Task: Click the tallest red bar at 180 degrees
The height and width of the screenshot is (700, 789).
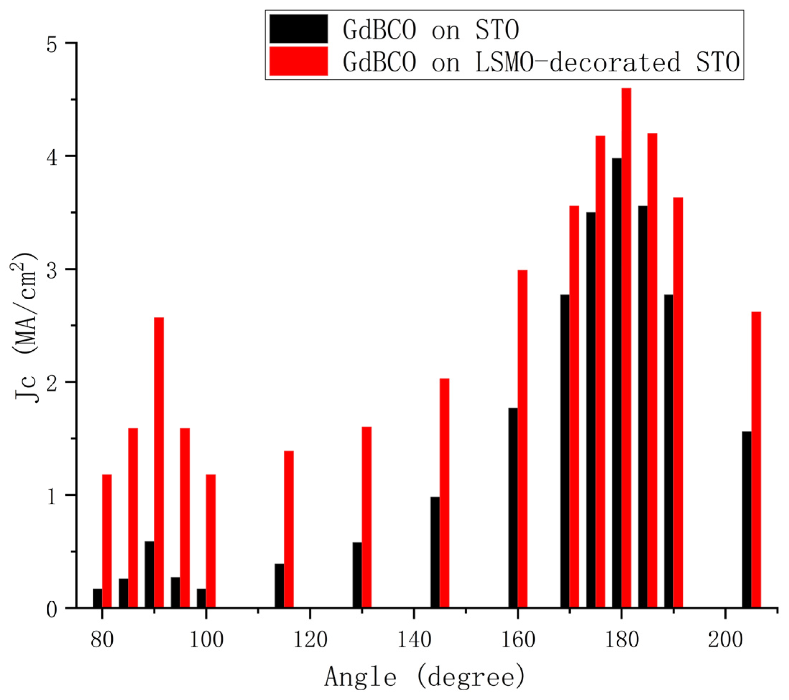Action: pos(626,347)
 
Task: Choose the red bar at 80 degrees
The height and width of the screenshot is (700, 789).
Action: pos(107,541)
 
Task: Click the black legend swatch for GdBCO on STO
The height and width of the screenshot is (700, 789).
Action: pos(298,29)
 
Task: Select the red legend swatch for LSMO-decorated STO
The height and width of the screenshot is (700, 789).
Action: pos(298,61)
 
